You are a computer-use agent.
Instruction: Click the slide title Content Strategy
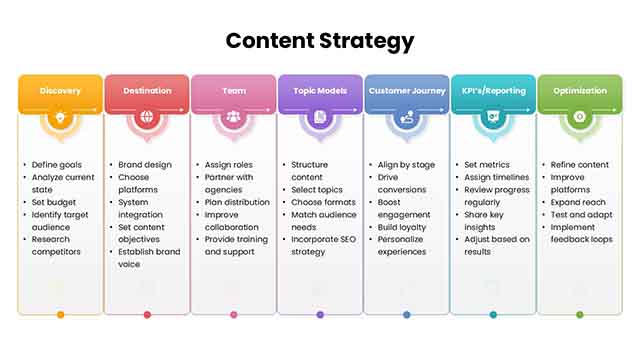coord(320,41)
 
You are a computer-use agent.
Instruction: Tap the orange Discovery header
coord(60,91)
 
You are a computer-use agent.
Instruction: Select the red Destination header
coord(147,91)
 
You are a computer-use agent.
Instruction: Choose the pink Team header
coord(234,91)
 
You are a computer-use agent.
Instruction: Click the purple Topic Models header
coord(320,91)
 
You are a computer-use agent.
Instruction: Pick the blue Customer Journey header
coord(406,91)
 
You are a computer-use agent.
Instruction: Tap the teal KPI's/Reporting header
coord(493,91)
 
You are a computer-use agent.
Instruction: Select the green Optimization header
coord(580,91)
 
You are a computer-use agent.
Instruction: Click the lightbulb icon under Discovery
coord(60,118)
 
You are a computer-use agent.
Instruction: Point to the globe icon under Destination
coord(147,118)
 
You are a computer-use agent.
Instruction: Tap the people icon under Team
coord(234,118)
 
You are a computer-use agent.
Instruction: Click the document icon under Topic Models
coord(320,118)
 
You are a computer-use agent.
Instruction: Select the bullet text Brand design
coord(144,164)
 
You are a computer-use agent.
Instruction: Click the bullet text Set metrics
coord(487,164)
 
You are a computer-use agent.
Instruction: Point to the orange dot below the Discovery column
coord(60,314)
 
